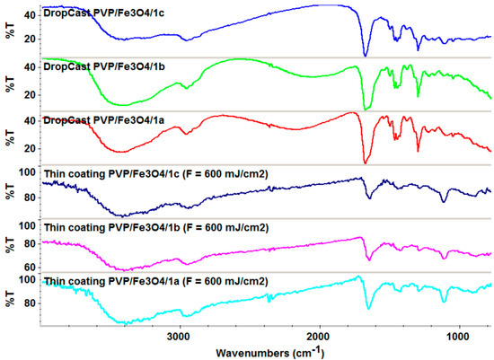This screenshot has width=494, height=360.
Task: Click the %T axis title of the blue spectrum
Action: tap(12, 28)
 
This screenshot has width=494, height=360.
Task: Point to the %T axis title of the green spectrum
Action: tap(12, 82)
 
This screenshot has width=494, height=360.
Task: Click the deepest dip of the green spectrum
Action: tap(365, 109)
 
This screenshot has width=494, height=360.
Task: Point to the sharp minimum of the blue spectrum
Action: tap(365, 55)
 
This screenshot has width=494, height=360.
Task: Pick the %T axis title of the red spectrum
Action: tap(12, 136)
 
